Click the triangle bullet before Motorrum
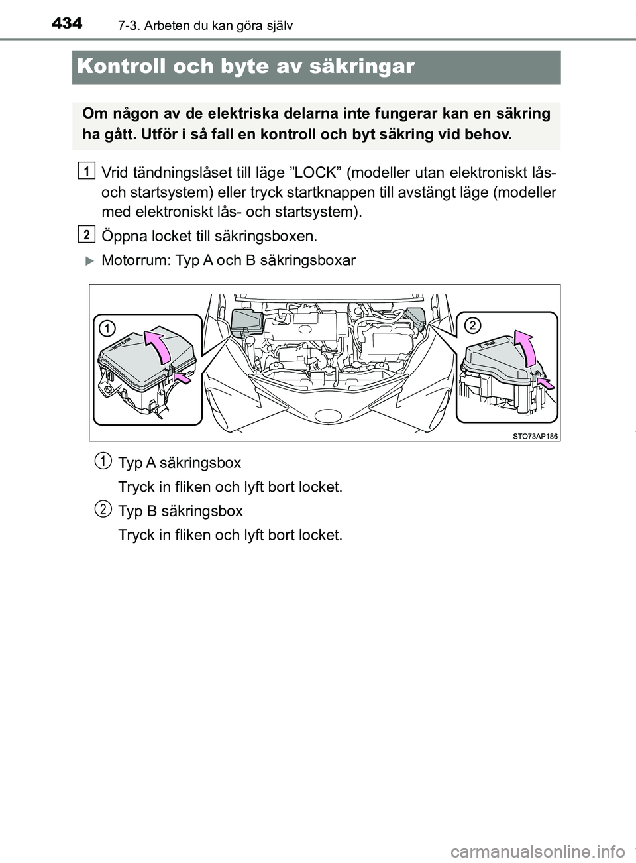tap(91, 260)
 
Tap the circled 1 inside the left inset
tap(108, 328)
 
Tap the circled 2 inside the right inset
tap(472, 325)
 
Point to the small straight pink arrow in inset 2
tap(547, 383)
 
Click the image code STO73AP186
tap(535, 435)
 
